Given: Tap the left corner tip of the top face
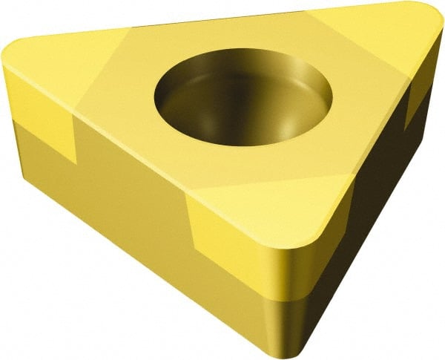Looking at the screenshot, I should click(x=9, y=53).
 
